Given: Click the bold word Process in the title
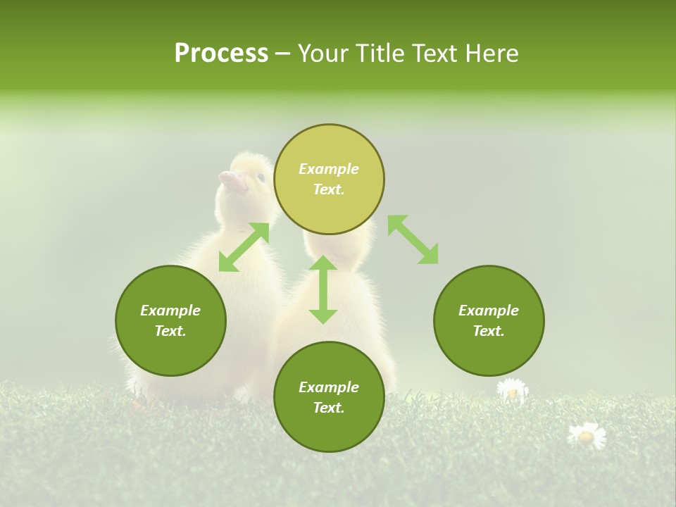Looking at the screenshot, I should pyautogui.click(x=221, y=54).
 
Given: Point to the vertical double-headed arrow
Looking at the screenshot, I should pyautogui.click(x=323, y=289).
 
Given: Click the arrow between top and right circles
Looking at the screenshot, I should pyautogui.click(x=413, y=239).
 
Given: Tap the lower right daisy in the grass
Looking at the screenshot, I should pyautogui.click(x=587, y=436).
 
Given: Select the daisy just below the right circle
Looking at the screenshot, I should pyautogui.click(x=512, y=390).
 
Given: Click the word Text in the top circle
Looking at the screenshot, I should pyautogui.click(x=328, y=189).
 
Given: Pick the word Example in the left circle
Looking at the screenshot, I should pyautogui.click(x=170, y=311).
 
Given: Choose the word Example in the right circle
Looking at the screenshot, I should pyautogui.click(x=489, y=311).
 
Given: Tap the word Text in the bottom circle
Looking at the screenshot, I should pyautogui.click(x=328, y=408).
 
